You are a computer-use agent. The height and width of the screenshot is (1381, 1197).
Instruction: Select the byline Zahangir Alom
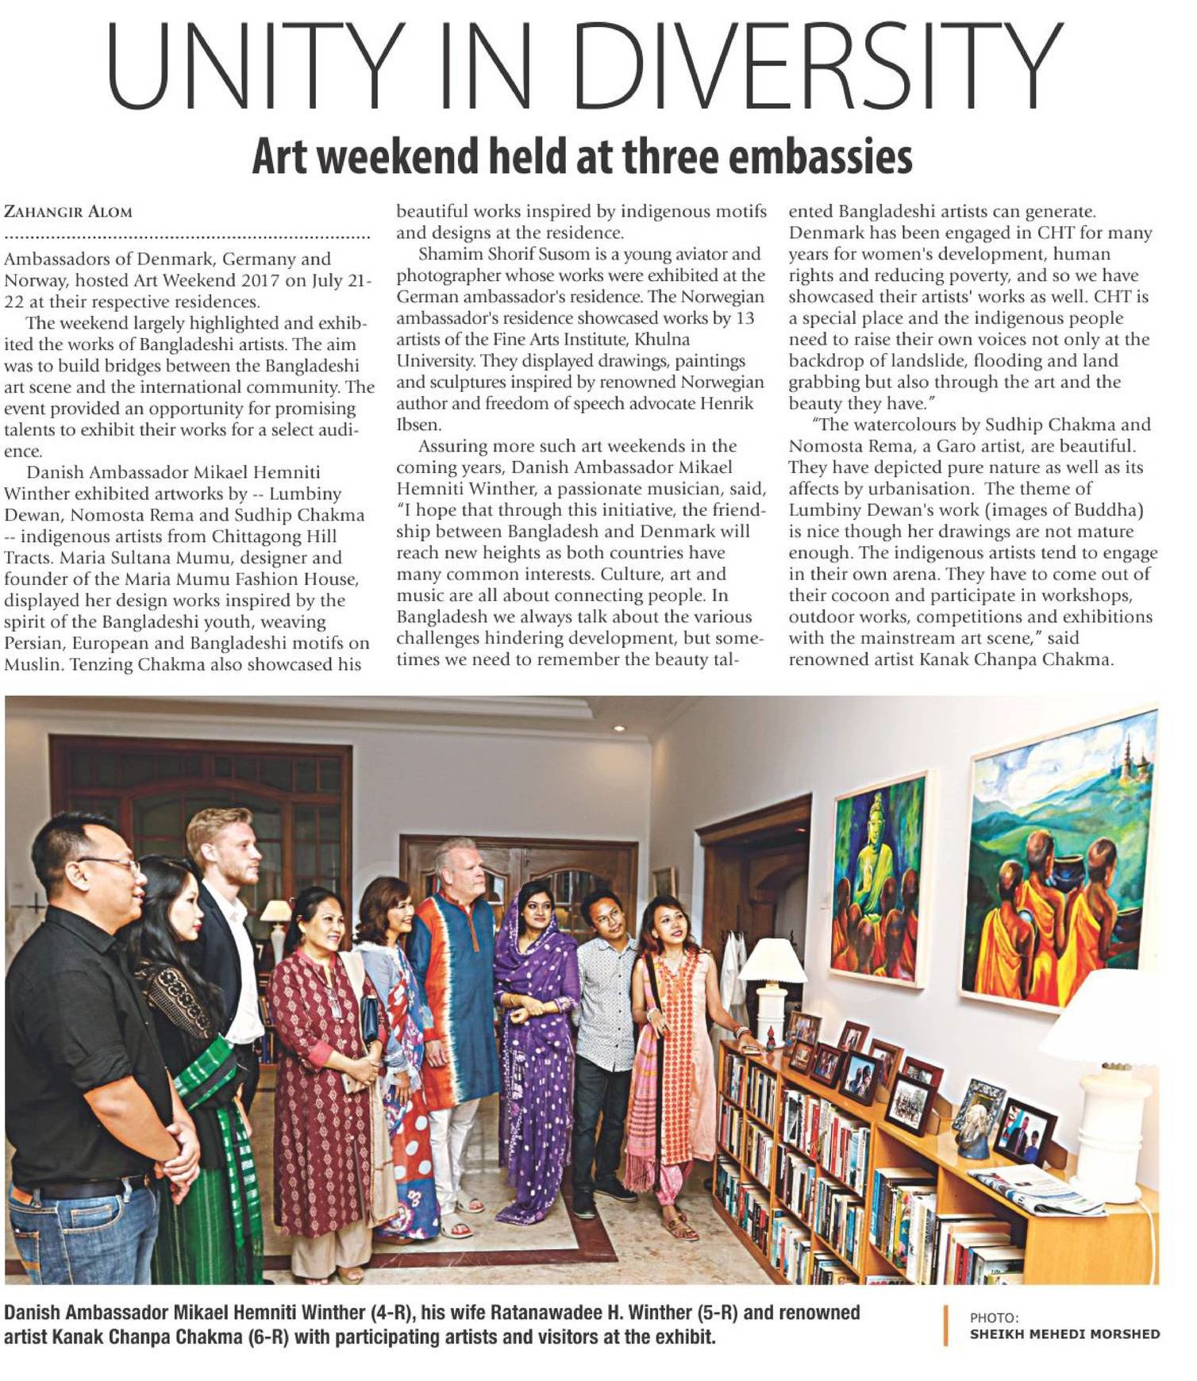click(x=68, y=212)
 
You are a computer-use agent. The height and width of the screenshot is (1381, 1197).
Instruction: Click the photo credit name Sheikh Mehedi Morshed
click(x=1064, y=1333)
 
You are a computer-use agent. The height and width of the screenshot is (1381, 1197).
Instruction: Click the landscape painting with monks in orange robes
click(x=1060, y=860)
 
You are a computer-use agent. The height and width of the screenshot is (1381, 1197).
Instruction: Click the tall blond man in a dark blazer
click(x=226, y=937)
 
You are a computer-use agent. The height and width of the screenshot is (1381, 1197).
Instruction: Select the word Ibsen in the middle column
click(x=417, y=425)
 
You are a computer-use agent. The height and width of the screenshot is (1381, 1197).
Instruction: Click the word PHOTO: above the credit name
click(x=993, y=1318)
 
